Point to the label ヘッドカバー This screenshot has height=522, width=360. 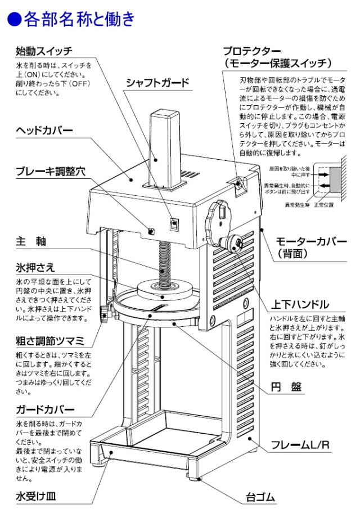coord(44,130)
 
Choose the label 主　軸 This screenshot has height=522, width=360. coord(31,241)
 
